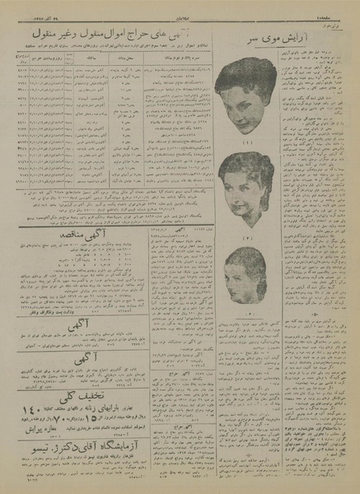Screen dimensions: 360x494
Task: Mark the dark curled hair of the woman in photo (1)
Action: (247, 78)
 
